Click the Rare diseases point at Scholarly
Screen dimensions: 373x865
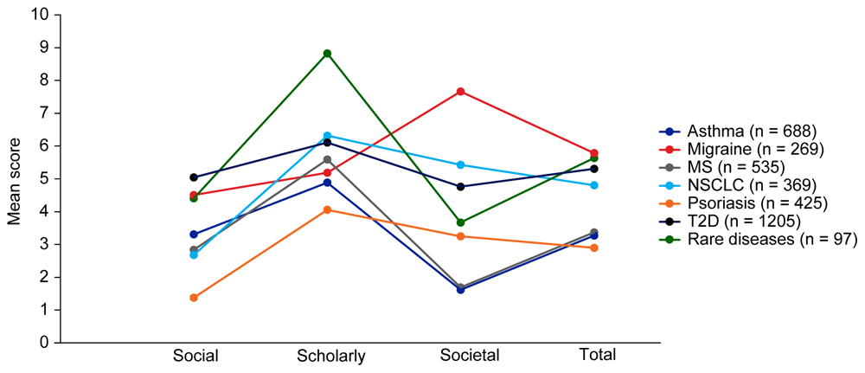(x=327, y=54)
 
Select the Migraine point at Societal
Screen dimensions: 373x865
(x=461, y=92)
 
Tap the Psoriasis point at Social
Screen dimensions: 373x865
(x=194, y=298)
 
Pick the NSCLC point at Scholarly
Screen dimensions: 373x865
(x=327, y=136)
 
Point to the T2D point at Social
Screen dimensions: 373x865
(x=194, y=177)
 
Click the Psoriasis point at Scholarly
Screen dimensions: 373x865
(x=327, y=209)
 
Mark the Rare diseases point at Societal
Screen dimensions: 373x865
(x=461, y=222)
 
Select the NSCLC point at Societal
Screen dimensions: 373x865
(x=461, y=164)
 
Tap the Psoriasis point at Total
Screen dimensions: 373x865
(x=594, y=248)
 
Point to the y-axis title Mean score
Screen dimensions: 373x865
(x=14, y=178)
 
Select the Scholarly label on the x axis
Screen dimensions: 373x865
(x=330, y=356)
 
